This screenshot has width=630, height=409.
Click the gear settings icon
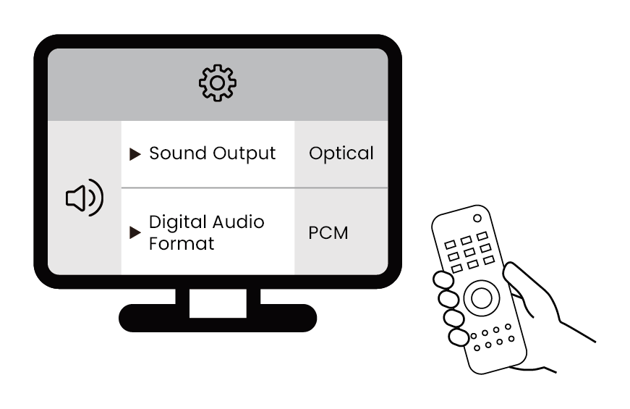click(x=218, y=83)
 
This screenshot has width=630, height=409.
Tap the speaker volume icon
click(x=84, y=198)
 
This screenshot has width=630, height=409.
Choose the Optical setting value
click(x=341, y=153)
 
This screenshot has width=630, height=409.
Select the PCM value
click(x=328, y=233)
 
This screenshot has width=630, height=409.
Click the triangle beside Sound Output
click(x=135, y=154)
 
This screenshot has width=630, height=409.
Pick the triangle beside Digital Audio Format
click(x=135, y=233)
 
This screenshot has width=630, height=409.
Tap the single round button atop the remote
click(x=477, y=218)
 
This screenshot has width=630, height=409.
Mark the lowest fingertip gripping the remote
click(x=459, y=337)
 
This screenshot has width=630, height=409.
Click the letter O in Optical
click(x=315, y=153)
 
